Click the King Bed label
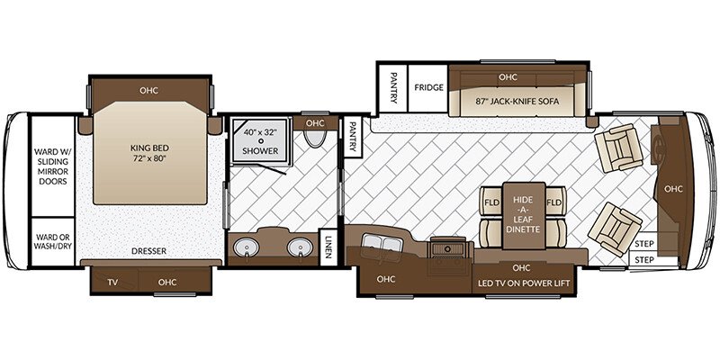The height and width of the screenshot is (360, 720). click(x=149, y=153)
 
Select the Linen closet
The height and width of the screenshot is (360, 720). click(x=328, y=247)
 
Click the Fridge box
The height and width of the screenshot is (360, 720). click(x=429, y=87)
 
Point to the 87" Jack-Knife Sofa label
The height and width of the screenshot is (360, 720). click(x=517, y=102)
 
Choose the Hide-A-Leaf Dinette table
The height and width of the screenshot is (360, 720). click(x=524, y=215)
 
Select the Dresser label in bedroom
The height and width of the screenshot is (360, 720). click(x=148, y=251)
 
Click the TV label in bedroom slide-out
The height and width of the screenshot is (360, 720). click(x=112, y=282)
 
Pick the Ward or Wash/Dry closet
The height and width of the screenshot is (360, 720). click(x=53, y=241)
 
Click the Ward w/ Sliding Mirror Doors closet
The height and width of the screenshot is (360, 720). click(x=53, y=166)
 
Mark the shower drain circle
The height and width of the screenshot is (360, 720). click(x=260, y=141)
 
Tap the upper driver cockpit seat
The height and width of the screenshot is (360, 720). click(x=618, y=148)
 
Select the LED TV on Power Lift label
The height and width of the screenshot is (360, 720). click(x=524, y=283)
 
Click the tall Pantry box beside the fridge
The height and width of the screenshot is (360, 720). click(x=391, y=87)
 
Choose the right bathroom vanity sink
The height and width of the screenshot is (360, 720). click(x=300, y=247)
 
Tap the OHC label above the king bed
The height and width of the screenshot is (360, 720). click(x=148, y=91)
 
